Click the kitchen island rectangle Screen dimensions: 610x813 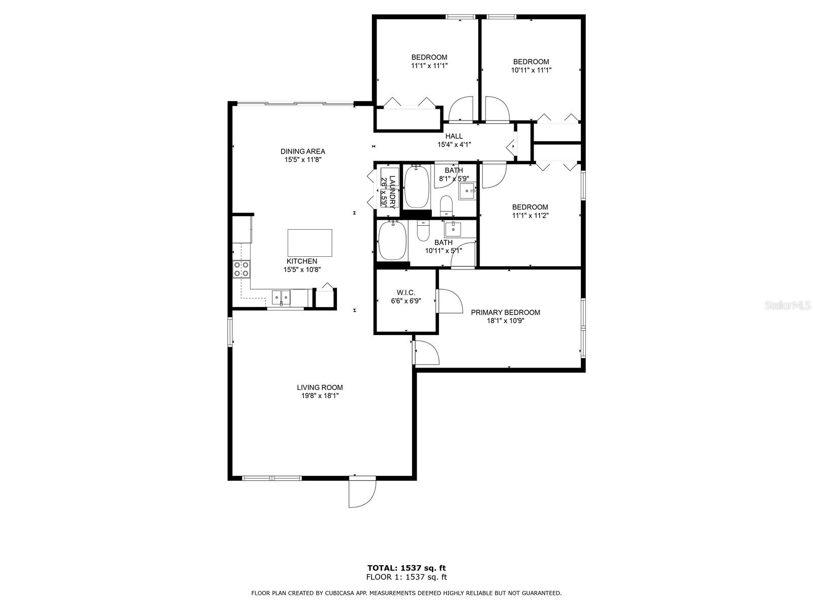tap(310, 242)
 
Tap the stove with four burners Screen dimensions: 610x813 tap(241, 269)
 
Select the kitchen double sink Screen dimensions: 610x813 tap(280, 296)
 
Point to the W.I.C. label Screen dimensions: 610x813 tap(406, 292)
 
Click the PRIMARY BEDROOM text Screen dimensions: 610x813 tap(505, 312)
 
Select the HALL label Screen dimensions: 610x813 tap(454, 136)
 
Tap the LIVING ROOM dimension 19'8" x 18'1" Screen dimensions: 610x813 tap(320, 395)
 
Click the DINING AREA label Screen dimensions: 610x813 tap(303, 151)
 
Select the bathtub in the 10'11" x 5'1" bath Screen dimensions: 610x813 tap(392, 240)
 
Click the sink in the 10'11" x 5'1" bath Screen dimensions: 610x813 tap(453, 229)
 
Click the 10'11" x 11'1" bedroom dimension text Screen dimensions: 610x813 tap(531, 70)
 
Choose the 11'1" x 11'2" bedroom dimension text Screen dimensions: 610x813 tap(530, 216)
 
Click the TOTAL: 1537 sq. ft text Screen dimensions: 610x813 tap(407, 568)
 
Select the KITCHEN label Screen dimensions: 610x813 tap(302, 261)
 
